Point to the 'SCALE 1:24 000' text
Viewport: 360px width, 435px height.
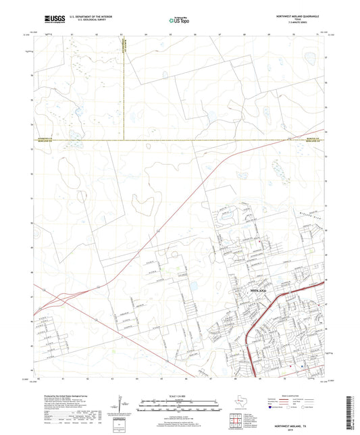coord(180,395)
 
